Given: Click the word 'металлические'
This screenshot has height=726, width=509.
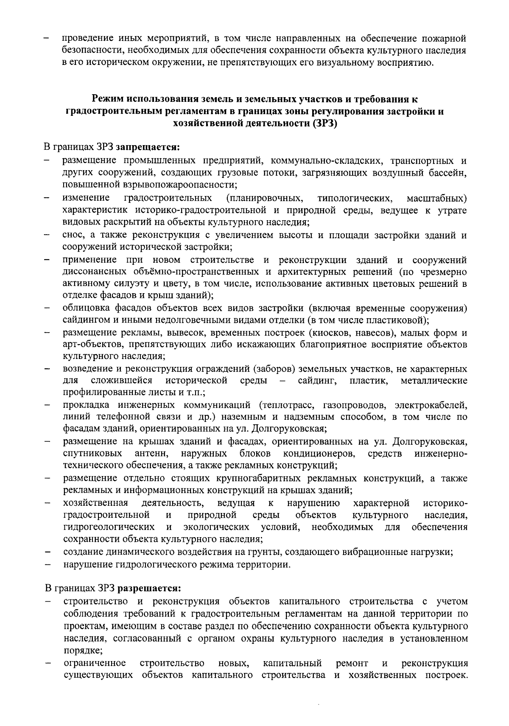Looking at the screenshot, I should [x=434, y=381].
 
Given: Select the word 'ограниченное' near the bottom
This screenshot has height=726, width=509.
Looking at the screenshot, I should [x=95, y=663].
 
